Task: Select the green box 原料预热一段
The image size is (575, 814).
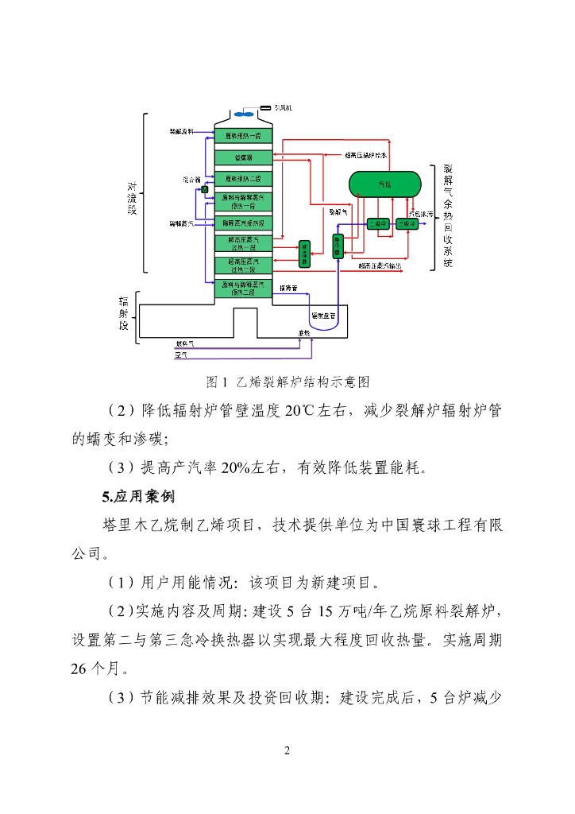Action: pos(244,136)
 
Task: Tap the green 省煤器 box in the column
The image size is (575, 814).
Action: pos(244,157)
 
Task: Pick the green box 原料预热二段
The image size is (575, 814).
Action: pos(244,179)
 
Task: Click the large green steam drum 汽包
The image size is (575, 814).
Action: pos(385,184)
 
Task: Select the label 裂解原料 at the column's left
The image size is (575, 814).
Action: pos(182,131)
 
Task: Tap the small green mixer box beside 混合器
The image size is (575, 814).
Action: pos(204,189)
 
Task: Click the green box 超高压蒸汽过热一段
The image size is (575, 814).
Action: pos(244,243)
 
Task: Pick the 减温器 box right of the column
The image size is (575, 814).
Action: pos(304,252)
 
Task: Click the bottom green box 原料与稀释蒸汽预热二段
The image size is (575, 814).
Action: pos(244,287)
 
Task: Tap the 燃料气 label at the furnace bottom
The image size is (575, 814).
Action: pos(184,344)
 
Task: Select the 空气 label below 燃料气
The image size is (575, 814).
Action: pos(181,355)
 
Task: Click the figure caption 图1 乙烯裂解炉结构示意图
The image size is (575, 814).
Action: pos(287,382)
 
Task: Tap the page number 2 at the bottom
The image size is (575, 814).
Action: pos(287,750)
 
